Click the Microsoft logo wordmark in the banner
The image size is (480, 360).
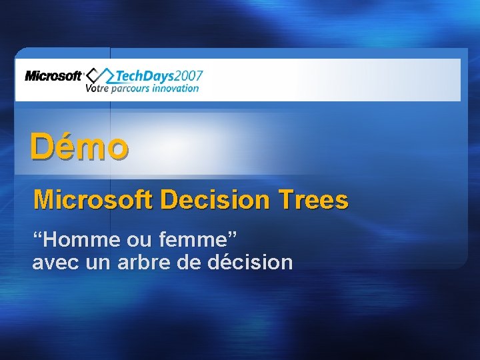click(x=53, y=76)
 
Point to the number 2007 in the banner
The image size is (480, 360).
click(x=188, y=75)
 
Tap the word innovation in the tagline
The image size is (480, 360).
click(x=176, y=88)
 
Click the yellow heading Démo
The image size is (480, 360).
click(x=79, y=147)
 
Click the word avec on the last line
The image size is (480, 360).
click(x=57, y=262)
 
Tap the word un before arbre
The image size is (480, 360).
click(x=99, y=262)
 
